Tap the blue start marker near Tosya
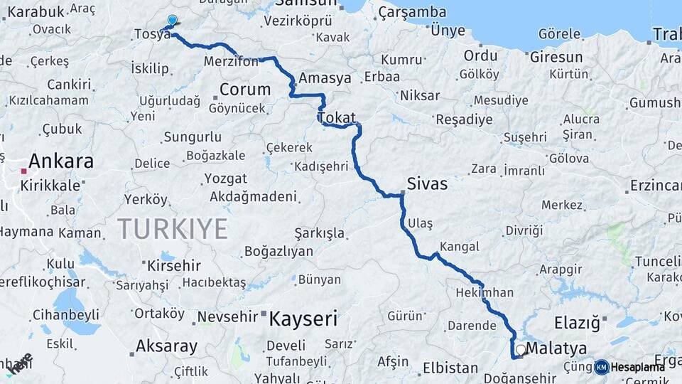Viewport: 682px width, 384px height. [172, 21]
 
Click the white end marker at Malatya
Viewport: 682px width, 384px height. [521, 350]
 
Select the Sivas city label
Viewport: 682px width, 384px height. [427, 184]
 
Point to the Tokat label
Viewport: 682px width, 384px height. [336, 117]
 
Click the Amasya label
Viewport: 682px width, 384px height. [325, 78]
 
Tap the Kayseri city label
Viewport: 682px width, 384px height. [303, 319]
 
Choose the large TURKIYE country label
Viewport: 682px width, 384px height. [173, 229]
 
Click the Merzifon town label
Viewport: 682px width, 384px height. [232, 62]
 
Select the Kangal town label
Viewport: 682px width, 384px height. [459, 247]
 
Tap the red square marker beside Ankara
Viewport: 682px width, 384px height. [24, 171]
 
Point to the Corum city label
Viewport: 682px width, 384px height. [245, 90]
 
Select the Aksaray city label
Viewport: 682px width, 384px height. [166, 346]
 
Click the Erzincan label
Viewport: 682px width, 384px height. [654, 186]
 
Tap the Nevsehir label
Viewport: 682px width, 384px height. [225, 316]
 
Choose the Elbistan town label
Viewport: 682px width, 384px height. [450, 368]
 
